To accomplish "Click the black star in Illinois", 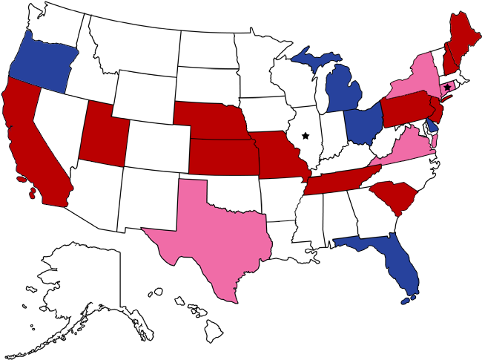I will tap(305, 136).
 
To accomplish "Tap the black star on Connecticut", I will tap(446, 88).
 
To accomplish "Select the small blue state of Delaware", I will tap(433, 126).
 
